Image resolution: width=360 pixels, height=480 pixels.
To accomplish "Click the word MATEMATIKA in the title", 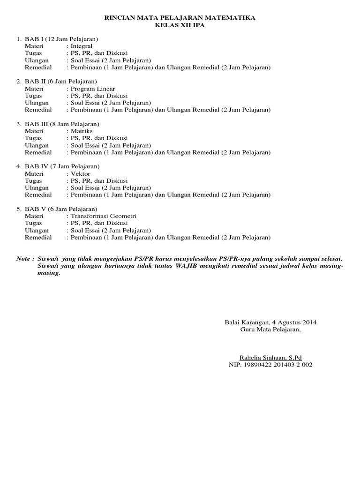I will [231, 18].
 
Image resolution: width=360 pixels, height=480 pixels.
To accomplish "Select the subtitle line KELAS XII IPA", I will [180, 25].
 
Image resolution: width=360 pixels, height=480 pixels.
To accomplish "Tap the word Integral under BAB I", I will [81, 46].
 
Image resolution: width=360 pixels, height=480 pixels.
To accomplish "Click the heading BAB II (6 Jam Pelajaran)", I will [60, 82].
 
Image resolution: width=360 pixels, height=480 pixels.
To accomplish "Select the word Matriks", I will [81, 131].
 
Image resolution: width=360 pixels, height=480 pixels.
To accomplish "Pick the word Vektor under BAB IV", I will [80, 174].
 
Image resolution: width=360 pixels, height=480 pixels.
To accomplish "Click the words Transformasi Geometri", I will [103, 216].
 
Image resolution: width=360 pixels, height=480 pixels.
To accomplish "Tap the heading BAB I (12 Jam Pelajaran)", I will [61, 39].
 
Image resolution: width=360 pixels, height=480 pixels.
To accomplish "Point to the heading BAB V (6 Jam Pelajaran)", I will [60, 209].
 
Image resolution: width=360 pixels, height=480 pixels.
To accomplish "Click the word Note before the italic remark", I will [23, 259].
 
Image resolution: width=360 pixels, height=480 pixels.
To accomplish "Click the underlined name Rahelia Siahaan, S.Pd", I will [270, 357].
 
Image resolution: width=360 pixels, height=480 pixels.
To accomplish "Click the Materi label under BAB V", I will [34, 216].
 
